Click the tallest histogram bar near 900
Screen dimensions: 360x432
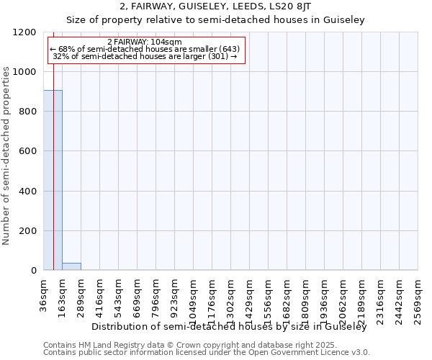tap(53, 180)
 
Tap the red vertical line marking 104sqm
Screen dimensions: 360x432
tap(54, 144)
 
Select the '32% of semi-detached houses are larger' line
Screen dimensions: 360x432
tap(145, 56)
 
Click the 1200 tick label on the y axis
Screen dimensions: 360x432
tap(25, 32)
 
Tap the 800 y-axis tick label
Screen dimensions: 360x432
tap(28, 112)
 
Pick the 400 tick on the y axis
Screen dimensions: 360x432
tap(28, 191)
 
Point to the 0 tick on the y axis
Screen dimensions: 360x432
tap(34, 271)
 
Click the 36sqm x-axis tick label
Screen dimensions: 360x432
tap(44, 294)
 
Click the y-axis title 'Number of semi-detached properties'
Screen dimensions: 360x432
tap(6, 152)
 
